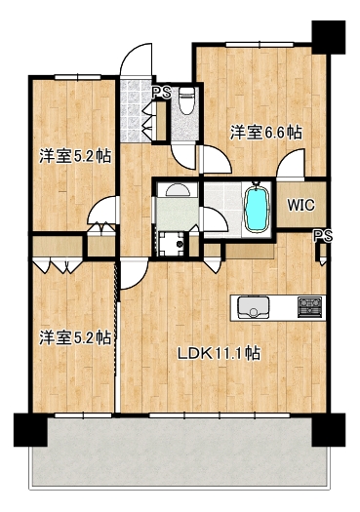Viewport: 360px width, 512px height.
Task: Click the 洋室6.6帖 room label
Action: pyautogui.click(x=264, y=132)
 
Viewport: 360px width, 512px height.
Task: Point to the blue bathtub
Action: pyautogui.click(x=255, y=207)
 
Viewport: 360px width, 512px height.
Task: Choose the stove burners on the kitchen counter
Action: pyautogui.click(x=309, y=308)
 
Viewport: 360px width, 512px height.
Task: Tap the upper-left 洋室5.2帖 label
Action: pyautogui.click(x=74, y=155)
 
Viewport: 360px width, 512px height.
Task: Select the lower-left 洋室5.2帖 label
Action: pyautogui.click(x=74, y=337)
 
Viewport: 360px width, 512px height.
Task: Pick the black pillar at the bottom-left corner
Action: pyautogui.click(x=30, y=430)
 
